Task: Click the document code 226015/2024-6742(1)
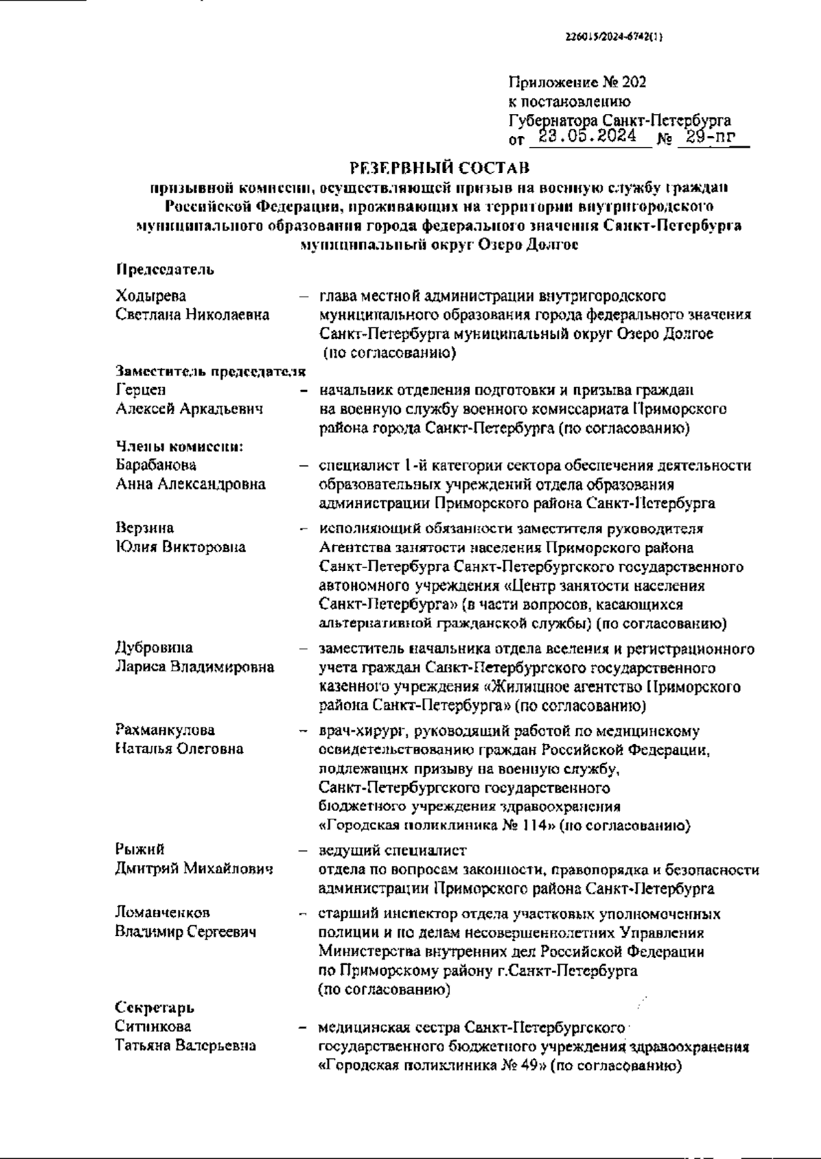click(x=614, y=38)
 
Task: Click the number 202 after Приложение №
click(x=634, y=83)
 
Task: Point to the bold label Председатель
click(x=164, y=269)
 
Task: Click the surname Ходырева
click(x=151, y=296)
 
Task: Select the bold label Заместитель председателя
click(x=210, y=371)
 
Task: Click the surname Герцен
click(x=141, y=390)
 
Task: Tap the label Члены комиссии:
click(x=180, y=447)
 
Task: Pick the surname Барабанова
click(x=156, y=465)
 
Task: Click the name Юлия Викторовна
click(x=181, y=548)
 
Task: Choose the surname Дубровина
click(x=154, y=648)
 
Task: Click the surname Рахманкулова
click(x=164, y=730)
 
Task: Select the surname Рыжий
click(x=140, y=850)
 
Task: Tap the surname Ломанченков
click(x=162, y=913)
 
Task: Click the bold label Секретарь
click(x=154, y=1008)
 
